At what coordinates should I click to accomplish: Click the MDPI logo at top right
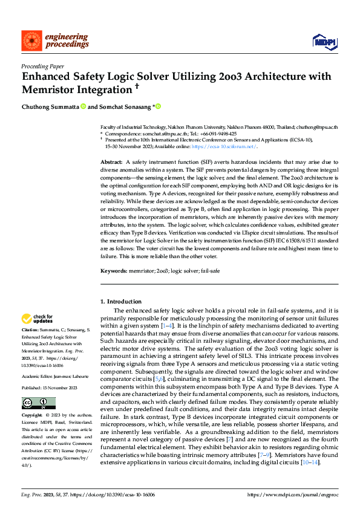click(324, 41)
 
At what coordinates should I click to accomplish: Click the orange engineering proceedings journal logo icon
click(30, 41)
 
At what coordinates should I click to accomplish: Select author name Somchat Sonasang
click(126, 106)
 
